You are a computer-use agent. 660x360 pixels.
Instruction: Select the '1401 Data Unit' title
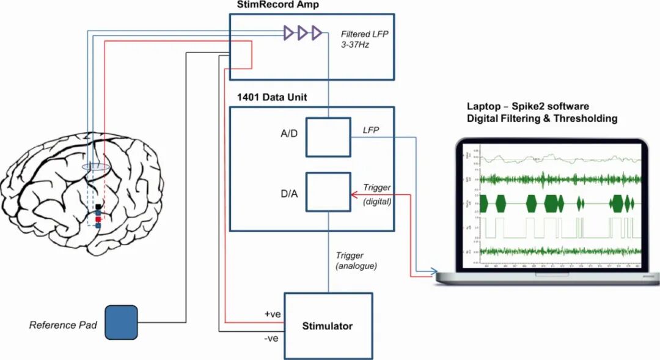pos(272,97)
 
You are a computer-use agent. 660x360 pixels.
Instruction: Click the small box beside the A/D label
pos(328,138)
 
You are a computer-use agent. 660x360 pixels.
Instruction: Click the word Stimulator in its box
pos(328,326)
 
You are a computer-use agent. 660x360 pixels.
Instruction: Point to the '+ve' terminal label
pos(273,314)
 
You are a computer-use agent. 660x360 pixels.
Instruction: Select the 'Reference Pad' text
pos(63,325)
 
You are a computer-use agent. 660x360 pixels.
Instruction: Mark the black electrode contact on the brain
pos(98,207)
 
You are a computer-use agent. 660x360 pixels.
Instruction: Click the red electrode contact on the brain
pos(98,218)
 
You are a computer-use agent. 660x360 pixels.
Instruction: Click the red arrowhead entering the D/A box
pos(353,195)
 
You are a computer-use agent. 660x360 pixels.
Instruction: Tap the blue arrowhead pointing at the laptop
pos(435,271)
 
